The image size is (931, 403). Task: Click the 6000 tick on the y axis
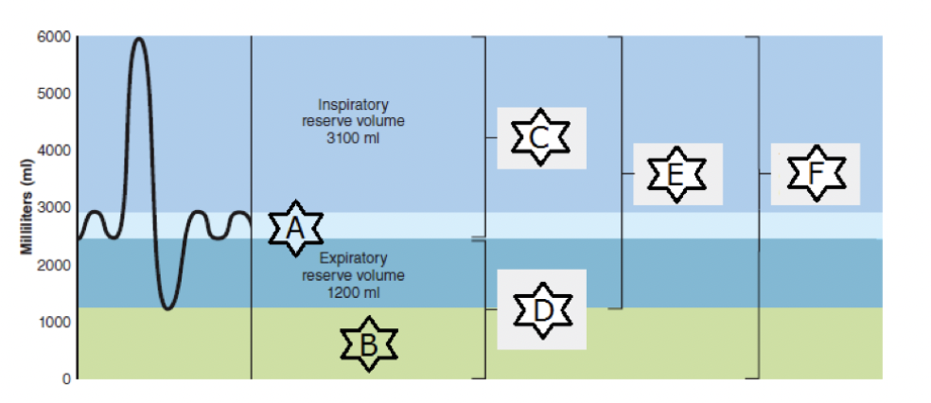[53, 37]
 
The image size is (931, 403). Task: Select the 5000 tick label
[53, 94]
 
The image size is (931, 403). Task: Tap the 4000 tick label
[53, 150]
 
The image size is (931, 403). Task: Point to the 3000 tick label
[53, 208]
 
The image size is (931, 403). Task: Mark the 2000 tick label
[53, 265]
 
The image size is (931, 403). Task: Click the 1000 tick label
[53, 322]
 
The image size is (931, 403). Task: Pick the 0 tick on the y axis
[65, 378]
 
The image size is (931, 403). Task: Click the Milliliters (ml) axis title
[26, 208]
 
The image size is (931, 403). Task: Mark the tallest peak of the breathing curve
[139, 39]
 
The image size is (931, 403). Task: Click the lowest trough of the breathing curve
[167, 308]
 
